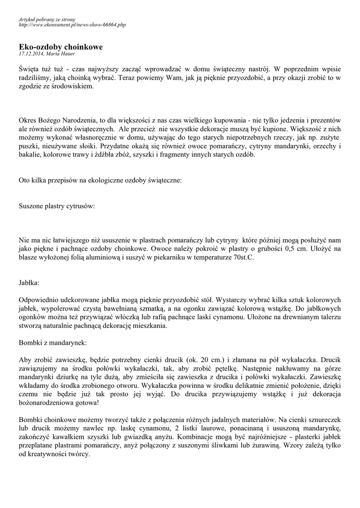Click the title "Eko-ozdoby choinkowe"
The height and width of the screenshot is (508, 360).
pyautogui.click(x=60, y=47)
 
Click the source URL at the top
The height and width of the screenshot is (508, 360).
pyautogui.click(x=72, y=24)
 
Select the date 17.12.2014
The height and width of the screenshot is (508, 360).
pyautogui.click(x=31, y=54)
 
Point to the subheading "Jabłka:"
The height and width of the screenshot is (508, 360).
pyautogui.click(x=29, y=283)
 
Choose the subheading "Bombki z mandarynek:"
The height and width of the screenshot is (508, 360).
pyautogui.click(x=52, y=342)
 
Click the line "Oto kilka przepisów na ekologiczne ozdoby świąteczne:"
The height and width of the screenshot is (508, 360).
pyautogui.click(x=100, y=181)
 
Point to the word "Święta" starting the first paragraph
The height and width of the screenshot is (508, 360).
pyautogui.click(x=31, y=68)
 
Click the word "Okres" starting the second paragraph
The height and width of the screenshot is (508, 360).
pyautogui.click(x=29, y=121)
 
